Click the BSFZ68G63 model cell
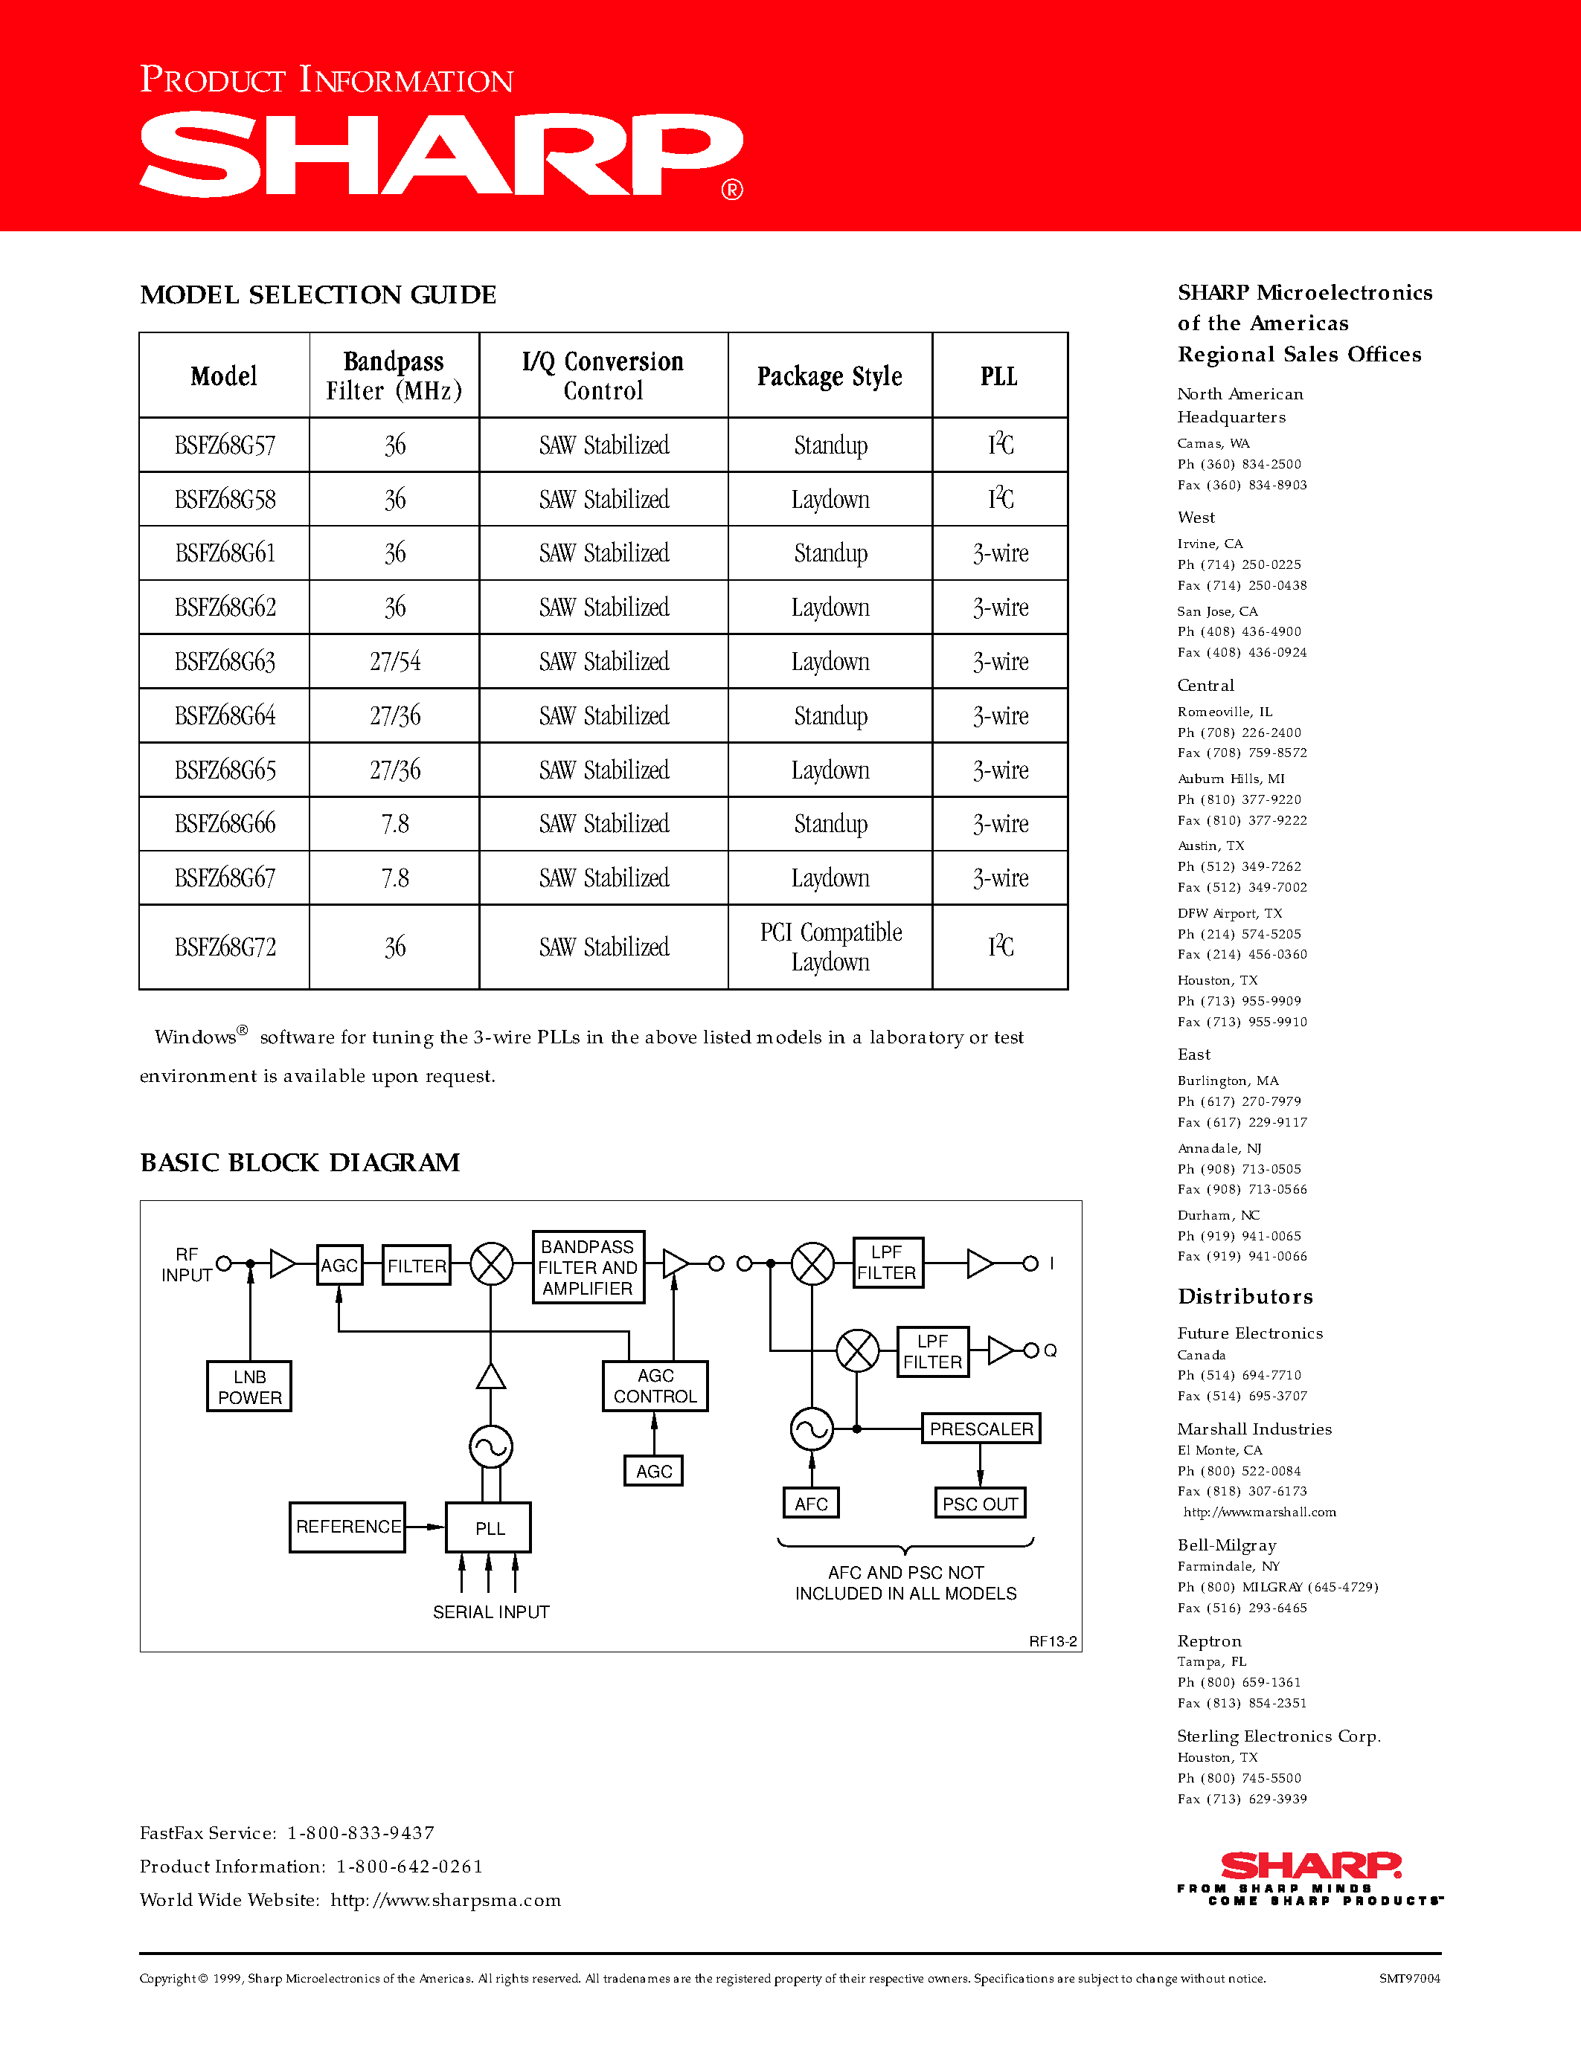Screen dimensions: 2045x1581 pos(225,662)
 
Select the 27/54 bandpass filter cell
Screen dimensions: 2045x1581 pos(394,662)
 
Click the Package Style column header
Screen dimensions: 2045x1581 pos(830,376)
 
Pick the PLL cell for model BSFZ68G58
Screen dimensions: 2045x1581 pos(1000,499)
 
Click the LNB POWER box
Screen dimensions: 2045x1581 pos(249,1387)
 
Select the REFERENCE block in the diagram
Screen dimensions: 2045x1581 pos(347,1526)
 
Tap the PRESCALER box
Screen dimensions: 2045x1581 pos(981,1429)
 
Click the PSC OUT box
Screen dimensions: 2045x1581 pos(980,1504)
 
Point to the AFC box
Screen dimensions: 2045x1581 pos(811,1504)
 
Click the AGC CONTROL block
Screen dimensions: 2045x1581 pos(655,1386)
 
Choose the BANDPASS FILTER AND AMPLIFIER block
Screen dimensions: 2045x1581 pos(587,1267)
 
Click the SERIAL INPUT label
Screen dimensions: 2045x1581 pos(491,1611)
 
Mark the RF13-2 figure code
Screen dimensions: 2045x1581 pos(1053,1641)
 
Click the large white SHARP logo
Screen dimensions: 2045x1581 pos(441,155)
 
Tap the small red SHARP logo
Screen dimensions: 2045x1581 pos(1310,1867)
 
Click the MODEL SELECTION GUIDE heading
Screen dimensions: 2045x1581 pos(318,295)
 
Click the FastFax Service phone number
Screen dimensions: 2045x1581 pos(361,1832)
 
